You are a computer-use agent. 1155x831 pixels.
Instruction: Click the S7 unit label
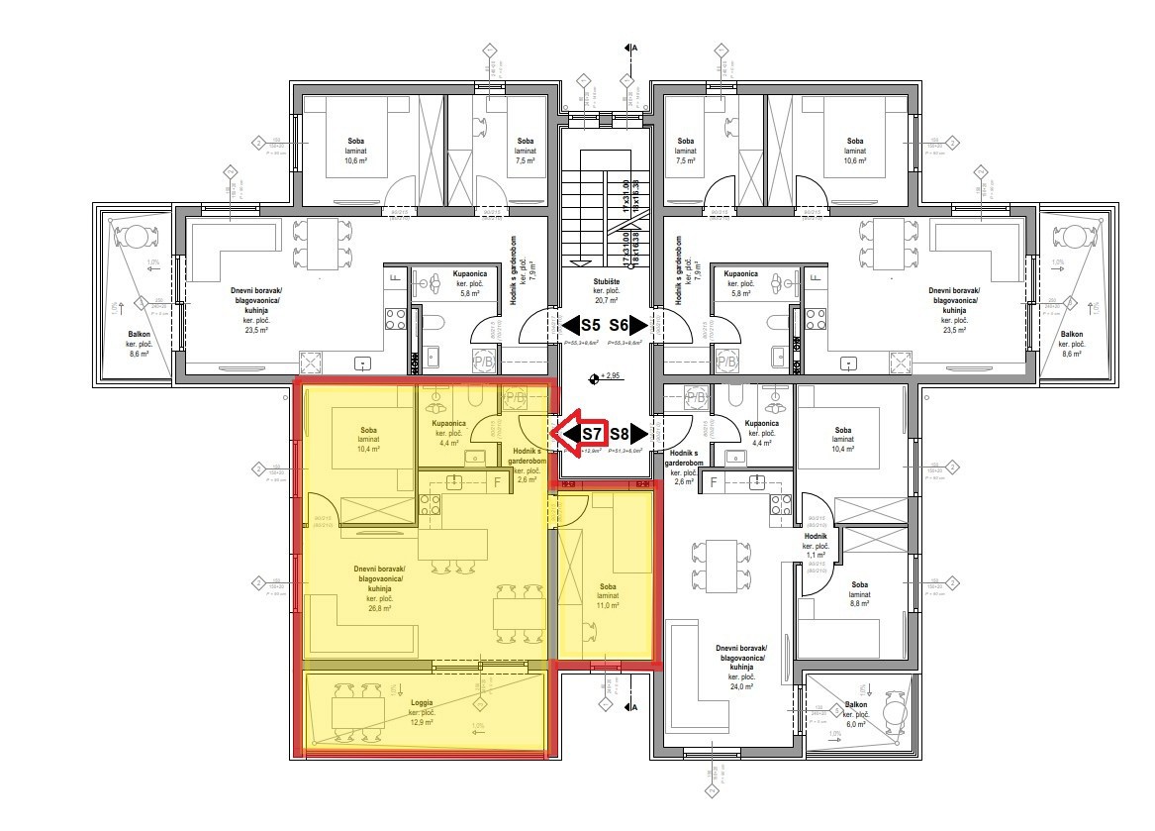point(592,433)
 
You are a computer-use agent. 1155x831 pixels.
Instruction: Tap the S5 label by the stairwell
point(590,324)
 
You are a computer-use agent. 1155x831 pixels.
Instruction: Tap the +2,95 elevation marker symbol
point(594,377)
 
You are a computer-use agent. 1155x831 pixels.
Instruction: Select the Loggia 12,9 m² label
point(422,711)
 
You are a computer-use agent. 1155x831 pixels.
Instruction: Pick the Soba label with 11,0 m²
point(608,595)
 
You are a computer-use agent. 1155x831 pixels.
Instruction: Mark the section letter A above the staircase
point(634,47)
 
